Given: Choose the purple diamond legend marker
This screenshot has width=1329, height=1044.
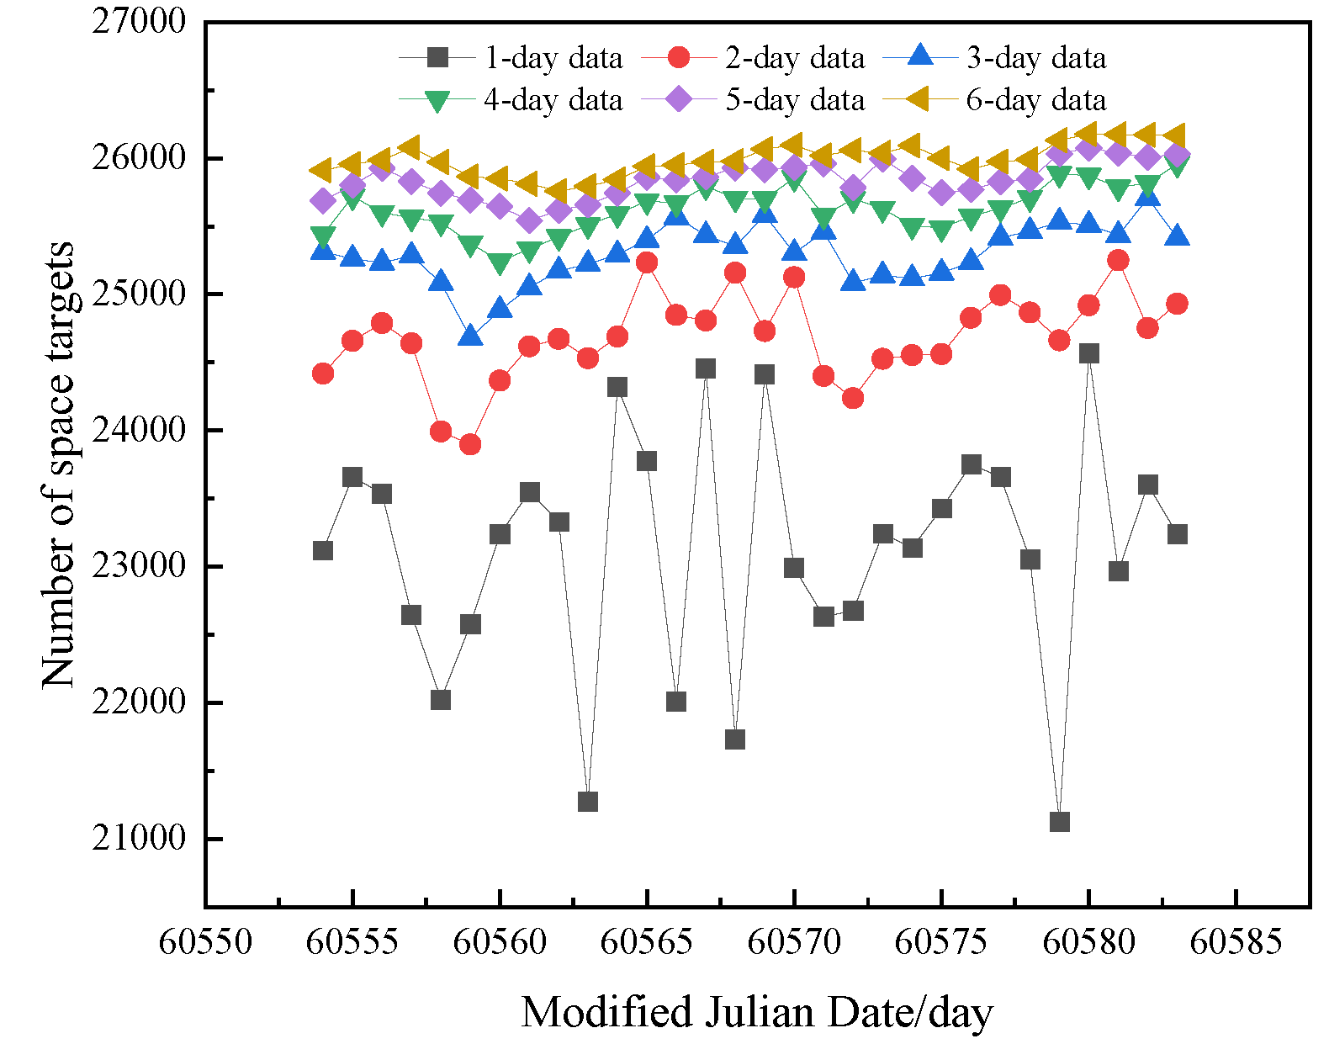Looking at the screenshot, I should click(x=679, y=99).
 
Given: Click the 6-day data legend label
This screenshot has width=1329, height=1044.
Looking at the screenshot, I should click(x=1035, y=100).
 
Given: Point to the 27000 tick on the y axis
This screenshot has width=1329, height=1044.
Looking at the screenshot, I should click(x=139, y=21).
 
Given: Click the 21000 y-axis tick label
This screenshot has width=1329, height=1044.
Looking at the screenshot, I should click(x=139, y=838).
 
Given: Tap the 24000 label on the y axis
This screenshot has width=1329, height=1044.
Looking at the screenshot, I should click(x=139, y=430).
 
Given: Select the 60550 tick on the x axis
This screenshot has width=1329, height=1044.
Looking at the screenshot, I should click(x=205, y=941).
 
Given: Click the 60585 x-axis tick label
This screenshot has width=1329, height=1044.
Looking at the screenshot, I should click(x=1236, y=941).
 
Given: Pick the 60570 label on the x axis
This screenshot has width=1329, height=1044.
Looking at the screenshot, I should click(x=794, y=941).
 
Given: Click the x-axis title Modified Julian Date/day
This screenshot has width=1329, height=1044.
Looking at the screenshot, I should click(x=757, y=1012).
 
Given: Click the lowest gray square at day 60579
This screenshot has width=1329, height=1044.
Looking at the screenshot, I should click(x=1060, y=821).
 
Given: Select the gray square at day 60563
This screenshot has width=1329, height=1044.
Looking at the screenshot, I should click(x=588, y=801).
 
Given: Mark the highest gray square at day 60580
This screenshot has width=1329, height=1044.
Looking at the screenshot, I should click(x=1088, y=353).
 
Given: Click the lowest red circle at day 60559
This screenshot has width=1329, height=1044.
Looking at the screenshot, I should click(x=470, y=444).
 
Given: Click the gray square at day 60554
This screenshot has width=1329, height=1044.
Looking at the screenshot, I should click(x=323, y=550).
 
